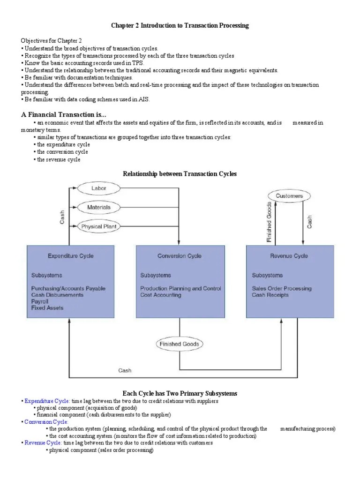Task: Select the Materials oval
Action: point(99,207)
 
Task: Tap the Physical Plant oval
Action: point(99,226)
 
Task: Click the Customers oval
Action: point(289,196)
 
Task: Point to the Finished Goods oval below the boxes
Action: point(180,344)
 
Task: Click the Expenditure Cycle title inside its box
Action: point(70,256)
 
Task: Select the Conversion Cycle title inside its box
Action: point(180,256)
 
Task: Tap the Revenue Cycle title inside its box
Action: point(289,256)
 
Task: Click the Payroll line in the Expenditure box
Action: point(40,301)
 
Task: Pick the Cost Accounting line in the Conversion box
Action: point(160,295)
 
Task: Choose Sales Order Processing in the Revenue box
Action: point(281,288)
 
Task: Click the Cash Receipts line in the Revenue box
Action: point(270,295)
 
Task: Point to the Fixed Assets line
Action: point(47,308)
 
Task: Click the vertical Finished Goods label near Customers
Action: point(269,222)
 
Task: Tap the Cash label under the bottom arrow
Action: point(125,370)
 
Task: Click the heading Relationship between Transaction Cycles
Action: point(180,174)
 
